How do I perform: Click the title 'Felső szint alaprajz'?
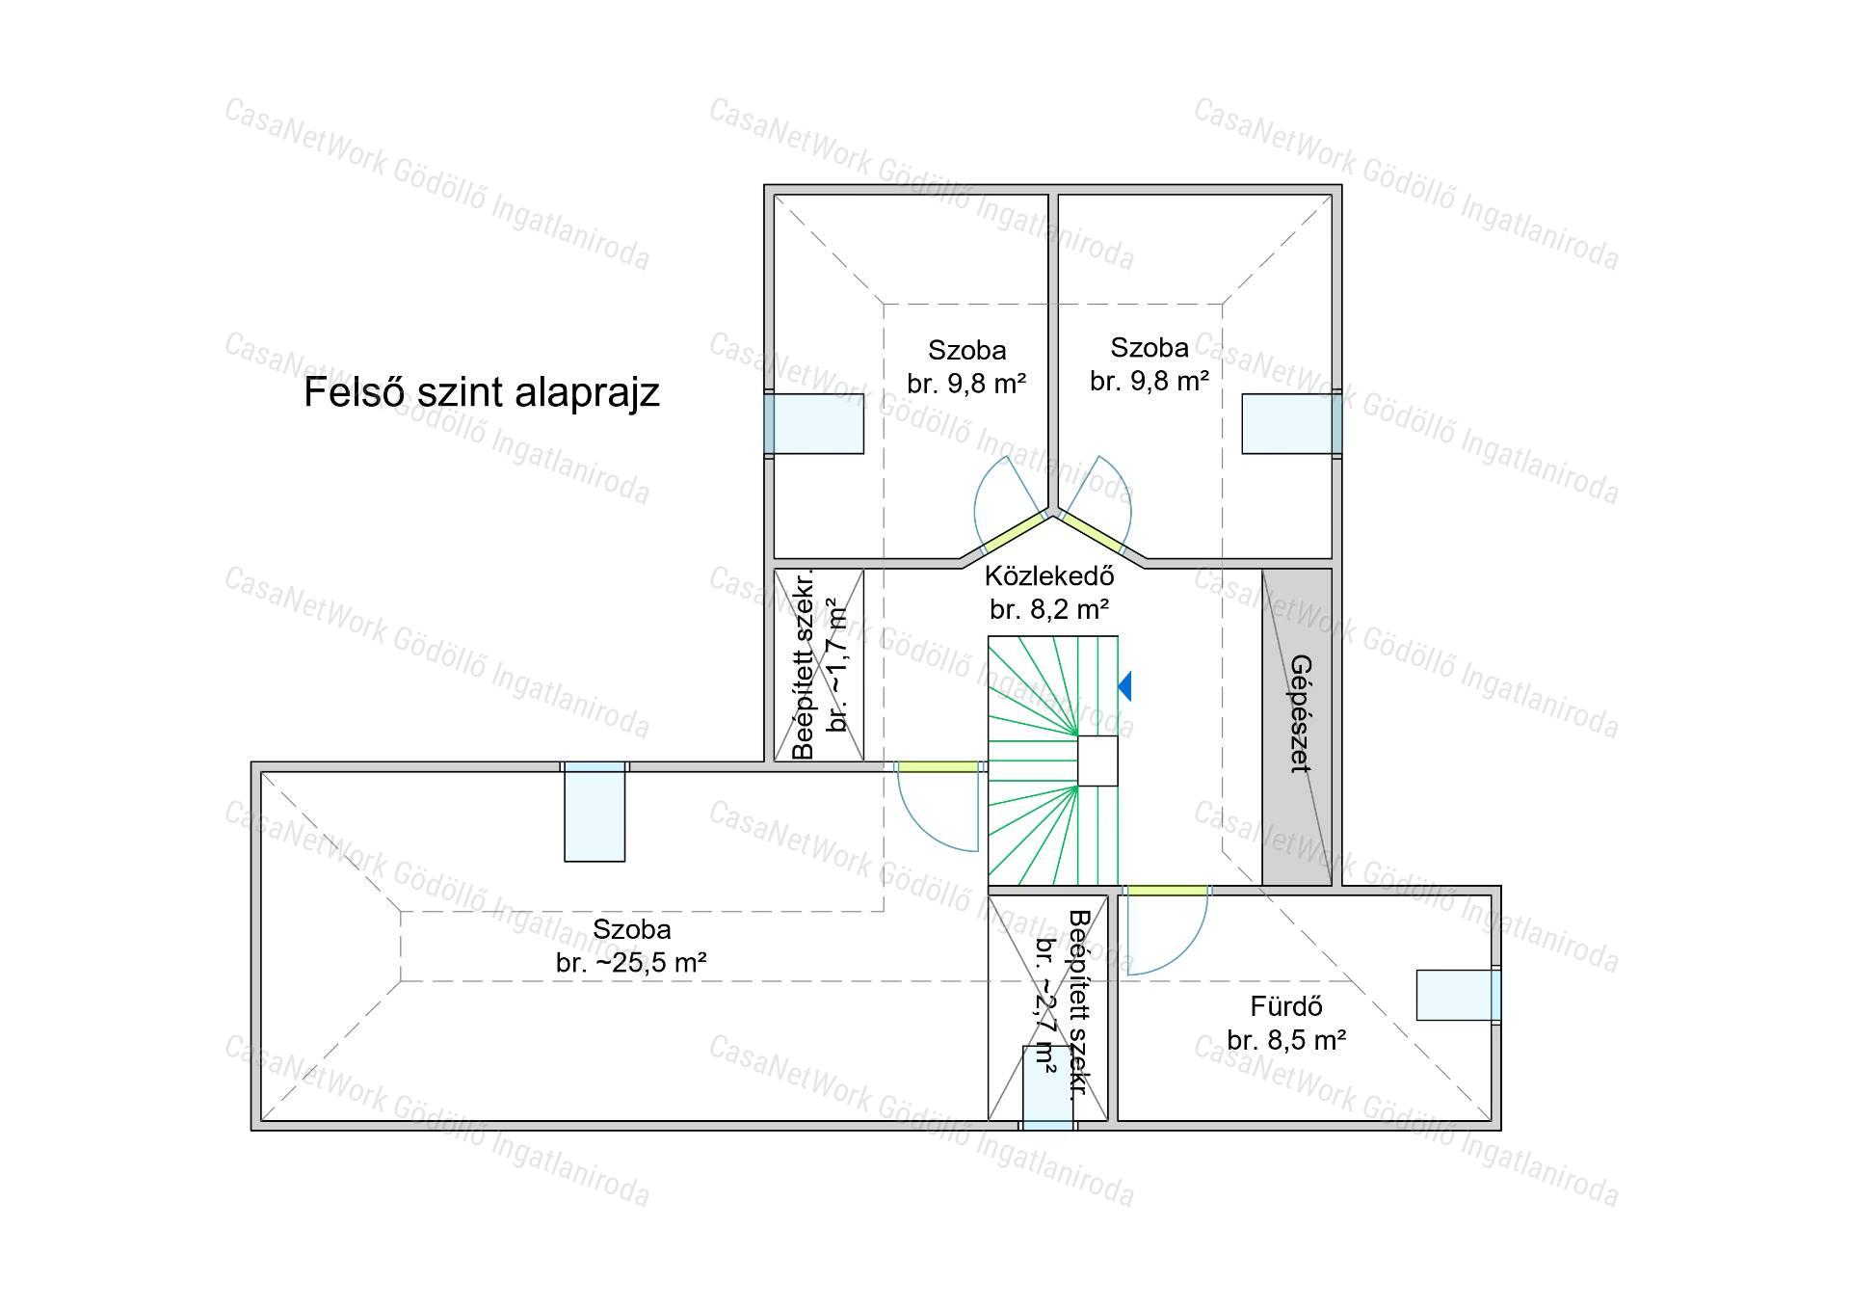coord(482,393)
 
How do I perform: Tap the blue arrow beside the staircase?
coord(1125,686)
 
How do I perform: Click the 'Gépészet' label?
coord(1301,713)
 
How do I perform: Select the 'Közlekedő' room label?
coord(1049,576)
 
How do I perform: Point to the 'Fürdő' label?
coord(1285,1006)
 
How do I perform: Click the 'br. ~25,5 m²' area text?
coord(631,963)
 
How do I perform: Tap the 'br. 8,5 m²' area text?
coord(1286,1040)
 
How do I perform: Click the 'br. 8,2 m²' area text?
coord(1049,609)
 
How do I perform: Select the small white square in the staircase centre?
coord(1097,761)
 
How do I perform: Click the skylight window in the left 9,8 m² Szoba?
coord(814,423)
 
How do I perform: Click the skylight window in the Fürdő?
coord(1458,995)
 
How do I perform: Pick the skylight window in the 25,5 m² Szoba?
coord(595,812)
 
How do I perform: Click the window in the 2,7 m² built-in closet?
coord(1047,1087)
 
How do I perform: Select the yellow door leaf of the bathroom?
coord(1167,891)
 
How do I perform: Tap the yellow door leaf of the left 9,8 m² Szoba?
coord(1015,532)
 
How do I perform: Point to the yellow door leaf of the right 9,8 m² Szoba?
coord(1092,532)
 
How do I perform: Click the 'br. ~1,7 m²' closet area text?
coord(838,666)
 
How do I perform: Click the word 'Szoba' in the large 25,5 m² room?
coord(631,929)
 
